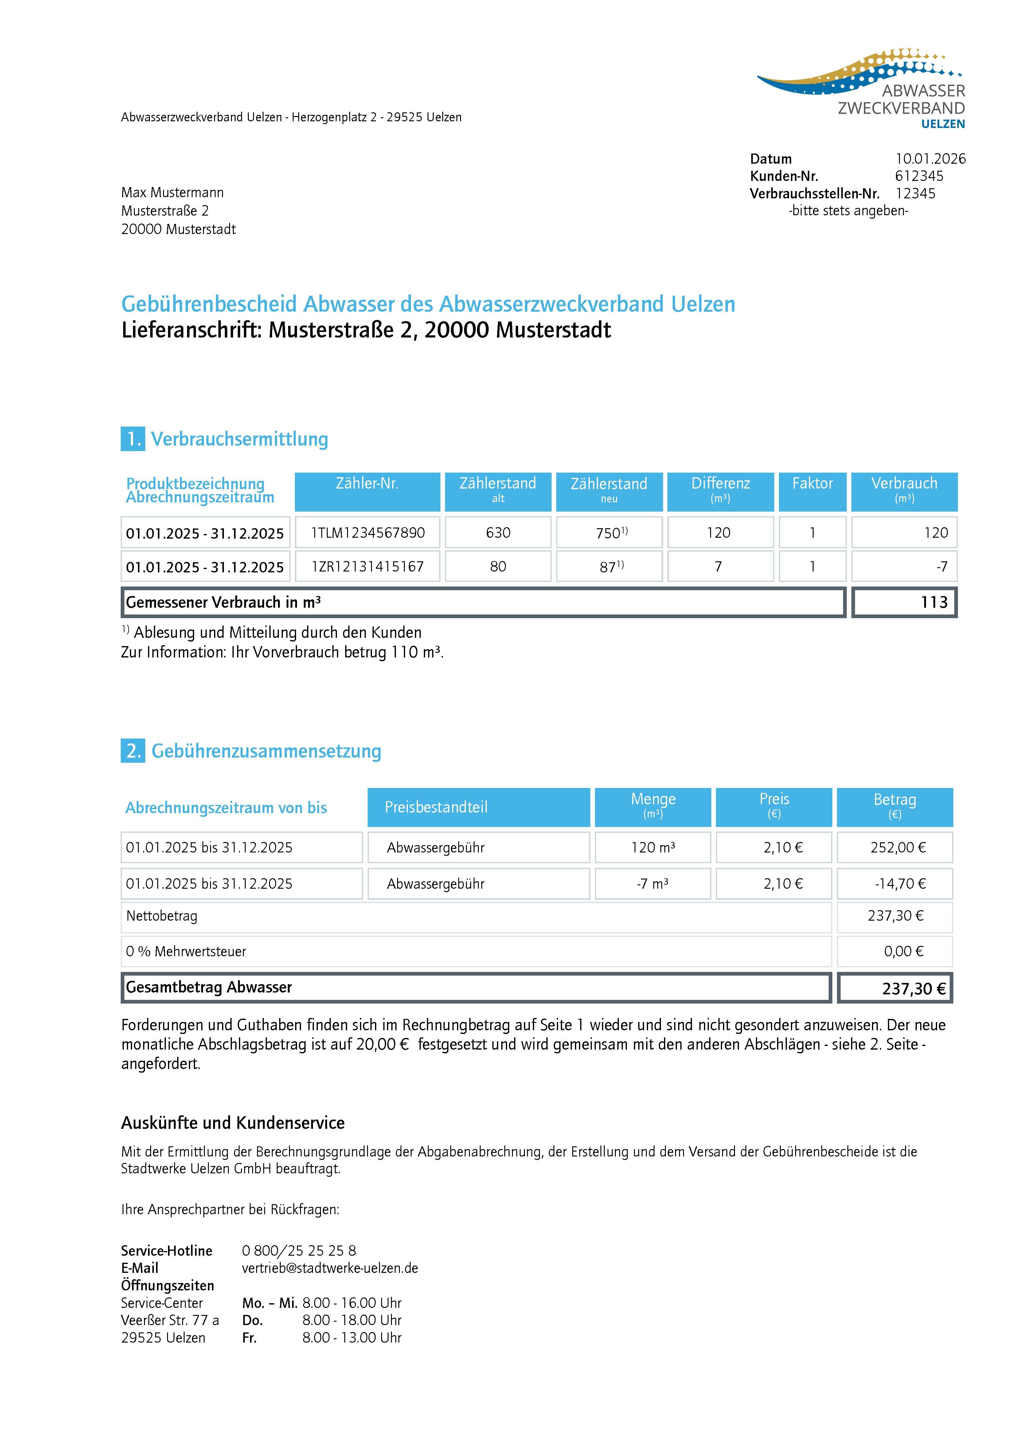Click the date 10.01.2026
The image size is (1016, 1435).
pos(930,159)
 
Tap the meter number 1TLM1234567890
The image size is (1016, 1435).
pos(368,533)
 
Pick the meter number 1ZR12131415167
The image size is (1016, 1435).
pos(368,567)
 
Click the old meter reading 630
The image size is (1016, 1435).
pos(498,533)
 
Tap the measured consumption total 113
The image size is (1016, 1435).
pos(934,602)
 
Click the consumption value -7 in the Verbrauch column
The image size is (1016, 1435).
pos(942,567)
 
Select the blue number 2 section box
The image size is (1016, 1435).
pos(133,751)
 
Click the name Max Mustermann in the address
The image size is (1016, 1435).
pos(172,193)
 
